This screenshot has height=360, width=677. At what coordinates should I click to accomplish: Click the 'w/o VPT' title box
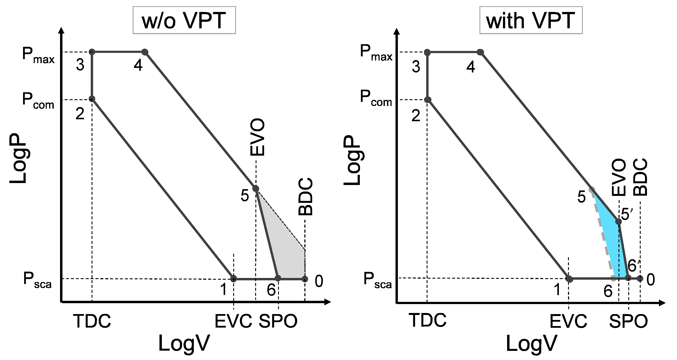(184, 20)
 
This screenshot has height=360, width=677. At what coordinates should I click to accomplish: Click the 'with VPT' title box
(531, 20)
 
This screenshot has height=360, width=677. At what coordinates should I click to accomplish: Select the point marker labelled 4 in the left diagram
(145, 52)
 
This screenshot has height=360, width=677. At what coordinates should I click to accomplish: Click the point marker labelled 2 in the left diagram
(92, 99)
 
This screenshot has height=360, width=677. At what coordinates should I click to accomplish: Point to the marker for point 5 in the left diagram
(255, 188)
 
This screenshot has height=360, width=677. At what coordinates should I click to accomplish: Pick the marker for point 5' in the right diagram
(619, 222)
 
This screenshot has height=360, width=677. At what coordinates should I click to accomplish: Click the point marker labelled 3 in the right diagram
(427, 52)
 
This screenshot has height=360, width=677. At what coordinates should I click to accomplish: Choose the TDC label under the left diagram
(92, 321)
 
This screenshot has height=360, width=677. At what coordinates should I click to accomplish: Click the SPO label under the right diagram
(628, 321)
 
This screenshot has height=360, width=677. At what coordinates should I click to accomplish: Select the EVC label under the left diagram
(233, 321)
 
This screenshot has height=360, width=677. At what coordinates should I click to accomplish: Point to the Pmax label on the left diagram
(38, 55)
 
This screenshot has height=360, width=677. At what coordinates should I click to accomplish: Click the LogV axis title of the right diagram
(531, 343)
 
